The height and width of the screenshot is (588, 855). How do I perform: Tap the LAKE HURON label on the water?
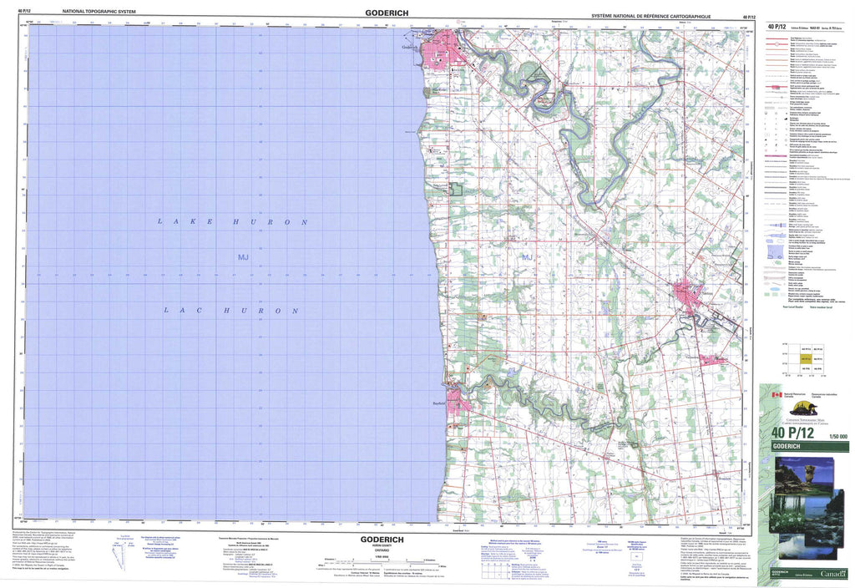click(234, 222)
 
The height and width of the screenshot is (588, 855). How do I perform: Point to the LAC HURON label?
click(231, 310)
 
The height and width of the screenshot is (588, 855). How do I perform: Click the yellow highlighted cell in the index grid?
click(806, 358)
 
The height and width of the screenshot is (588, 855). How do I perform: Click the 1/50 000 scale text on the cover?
click(836, 436)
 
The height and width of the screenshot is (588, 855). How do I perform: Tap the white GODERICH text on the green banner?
click(791, 447)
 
